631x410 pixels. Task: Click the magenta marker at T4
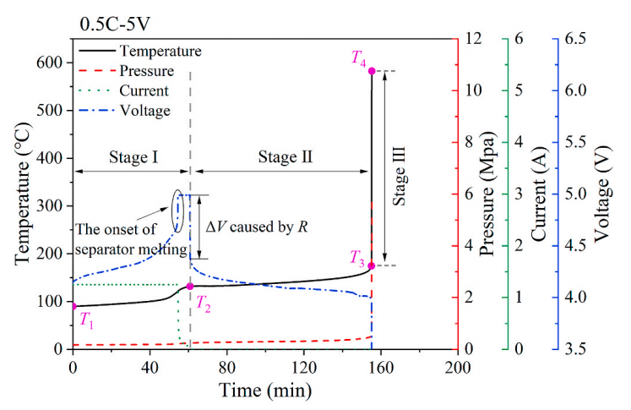coord(372,70)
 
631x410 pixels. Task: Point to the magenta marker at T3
coord(372,265)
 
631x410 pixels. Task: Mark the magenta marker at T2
coord(190,287)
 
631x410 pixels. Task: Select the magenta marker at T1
coord(73,306)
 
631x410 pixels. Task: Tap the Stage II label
coord(279,156)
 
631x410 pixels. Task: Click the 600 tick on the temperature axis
coord(52,63)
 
